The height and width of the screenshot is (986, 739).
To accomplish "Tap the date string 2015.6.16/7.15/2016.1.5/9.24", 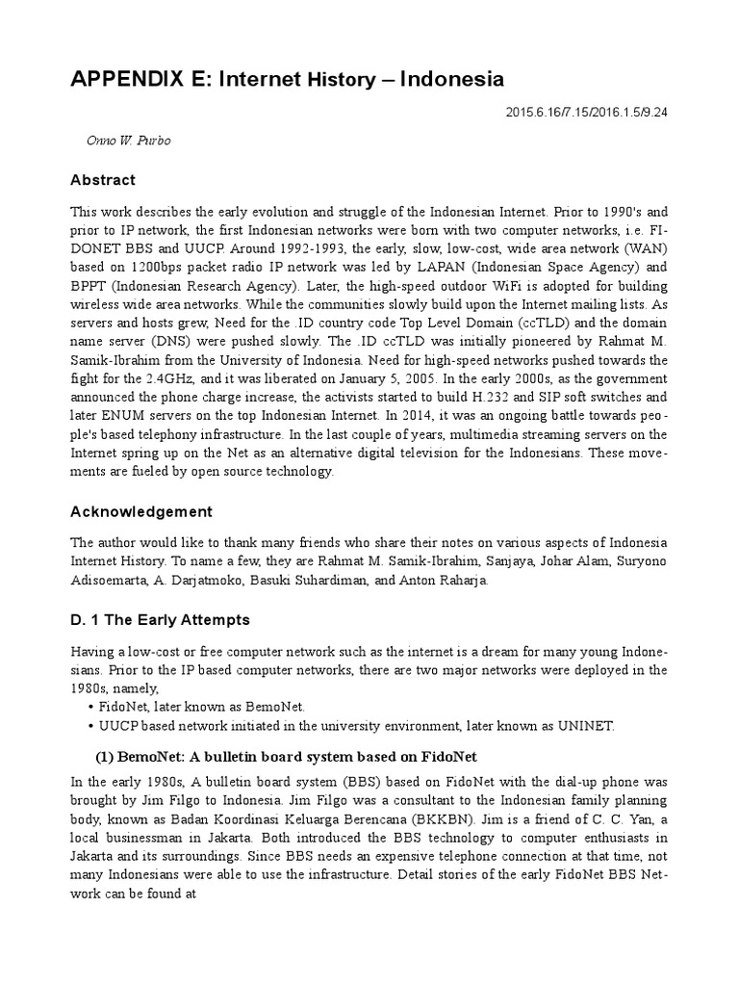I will point(586,113).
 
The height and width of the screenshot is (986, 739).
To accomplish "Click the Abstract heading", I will point(103,180).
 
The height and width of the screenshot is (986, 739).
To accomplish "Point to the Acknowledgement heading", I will point(141,511).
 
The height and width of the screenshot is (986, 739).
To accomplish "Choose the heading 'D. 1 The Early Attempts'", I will point(159,619).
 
